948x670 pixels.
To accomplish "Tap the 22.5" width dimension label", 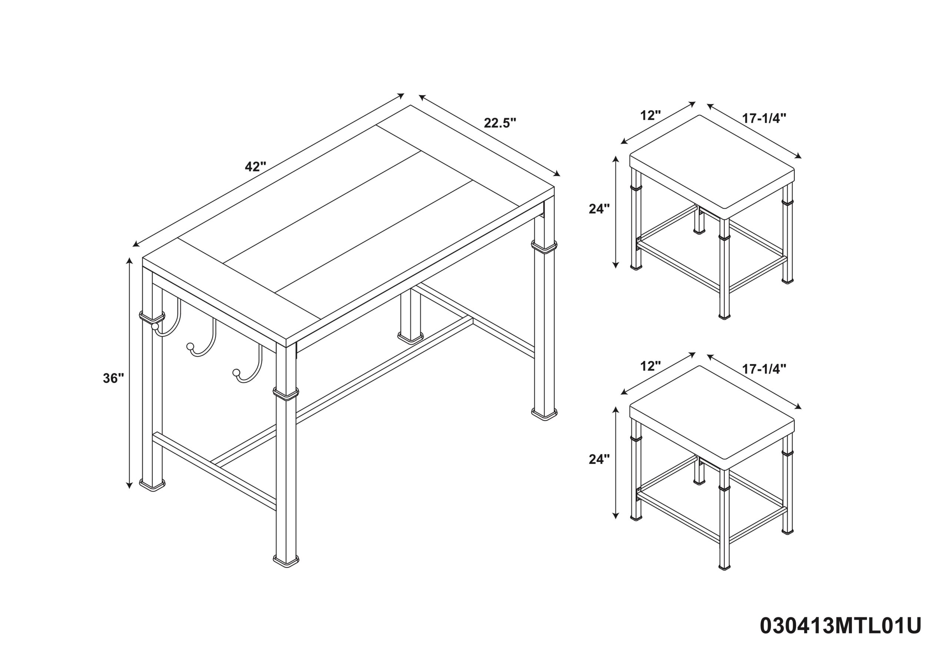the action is [500, 123].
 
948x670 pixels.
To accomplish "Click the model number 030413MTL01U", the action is [841, 626].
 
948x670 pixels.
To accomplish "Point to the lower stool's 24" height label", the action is [599, 459].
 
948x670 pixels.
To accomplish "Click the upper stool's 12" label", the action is [651, 115].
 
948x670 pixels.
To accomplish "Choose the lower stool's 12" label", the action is [651, 366].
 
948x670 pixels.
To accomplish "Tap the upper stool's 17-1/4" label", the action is [764, 118].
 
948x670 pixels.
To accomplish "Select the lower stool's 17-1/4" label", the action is [764, 369].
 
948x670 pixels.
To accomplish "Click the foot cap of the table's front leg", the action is [286, 560].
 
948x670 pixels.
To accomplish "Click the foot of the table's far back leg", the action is [410, 336].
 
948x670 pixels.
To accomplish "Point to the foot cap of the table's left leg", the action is [152, 484].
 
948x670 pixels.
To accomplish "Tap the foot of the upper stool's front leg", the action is [724, 316].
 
